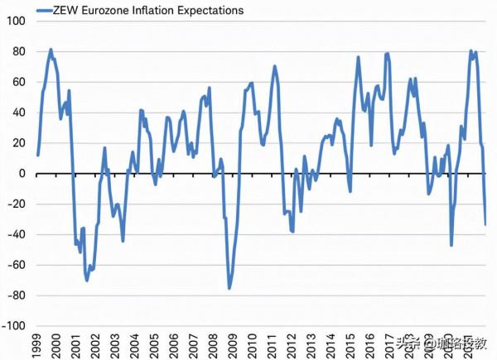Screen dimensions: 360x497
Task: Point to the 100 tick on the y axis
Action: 16,21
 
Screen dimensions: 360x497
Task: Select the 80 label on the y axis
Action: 18,51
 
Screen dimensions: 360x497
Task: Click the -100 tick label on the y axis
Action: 12,326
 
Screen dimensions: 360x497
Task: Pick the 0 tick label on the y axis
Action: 22,173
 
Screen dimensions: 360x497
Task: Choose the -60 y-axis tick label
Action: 15,265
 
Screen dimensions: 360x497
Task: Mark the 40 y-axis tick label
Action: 18,113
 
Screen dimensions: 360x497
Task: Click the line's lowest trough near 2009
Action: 229,287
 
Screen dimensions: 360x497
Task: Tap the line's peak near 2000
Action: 51,50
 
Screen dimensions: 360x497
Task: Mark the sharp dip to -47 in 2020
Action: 451,245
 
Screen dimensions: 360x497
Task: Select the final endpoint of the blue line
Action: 485,224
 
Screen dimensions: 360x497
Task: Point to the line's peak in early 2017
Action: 388,54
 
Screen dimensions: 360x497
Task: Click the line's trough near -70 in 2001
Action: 87,280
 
